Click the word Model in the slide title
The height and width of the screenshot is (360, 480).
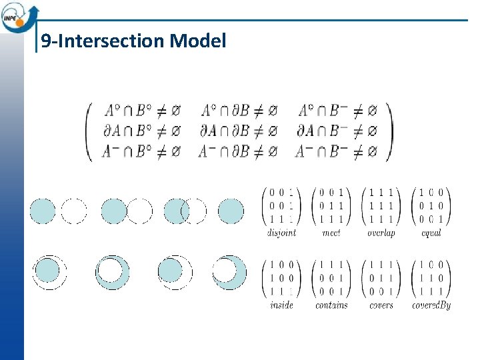point(198,41)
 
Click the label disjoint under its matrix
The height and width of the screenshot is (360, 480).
point(281,233)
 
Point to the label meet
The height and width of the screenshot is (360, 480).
point(331,233)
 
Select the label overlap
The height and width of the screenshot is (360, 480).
point(381,233)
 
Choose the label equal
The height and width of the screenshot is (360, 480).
point(431,233)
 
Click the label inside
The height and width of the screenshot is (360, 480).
point(281,305)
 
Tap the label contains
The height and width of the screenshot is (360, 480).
point(331,305)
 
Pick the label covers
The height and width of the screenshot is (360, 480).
point(381,305)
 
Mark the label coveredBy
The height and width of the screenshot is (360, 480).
point(431,305)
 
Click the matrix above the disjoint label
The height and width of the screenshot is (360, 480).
point(282,205)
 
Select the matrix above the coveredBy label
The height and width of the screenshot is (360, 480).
point(431,277)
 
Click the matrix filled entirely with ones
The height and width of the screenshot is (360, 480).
point(381,205)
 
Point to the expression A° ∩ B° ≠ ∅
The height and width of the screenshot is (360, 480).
point(141,110)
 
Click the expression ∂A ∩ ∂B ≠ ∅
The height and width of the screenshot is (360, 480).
point(238,131)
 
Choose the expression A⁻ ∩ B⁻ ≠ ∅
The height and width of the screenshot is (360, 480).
point(337,151)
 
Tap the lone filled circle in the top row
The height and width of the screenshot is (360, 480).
point(231,211)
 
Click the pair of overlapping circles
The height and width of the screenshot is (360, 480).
point(185,211)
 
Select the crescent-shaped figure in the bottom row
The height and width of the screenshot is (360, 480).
point(231,272)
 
